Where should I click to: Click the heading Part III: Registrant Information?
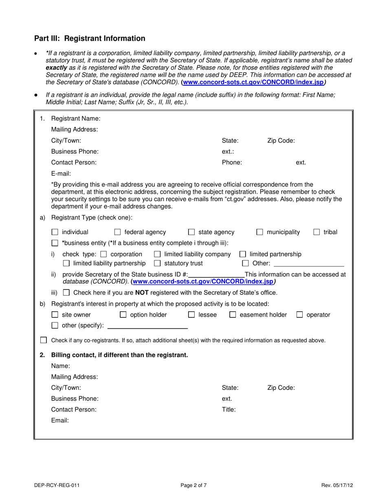(x=90, y=39)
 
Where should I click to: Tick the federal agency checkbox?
(x=117, y=232)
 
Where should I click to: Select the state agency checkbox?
(x=191, y=232)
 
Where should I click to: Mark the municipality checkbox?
(x=260, y=232)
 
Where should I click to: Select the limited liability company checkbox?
(x=158, y=254)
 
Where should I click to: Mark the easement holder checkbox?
(x=233, y=315)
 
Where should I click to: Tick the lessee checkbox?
(x=191, y=315)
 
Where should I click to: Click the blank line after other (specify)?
(x=147, y=326)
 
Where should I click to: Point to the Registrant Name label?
(x=75, y=119)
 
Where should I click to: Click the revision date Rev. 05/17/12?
(x=336, y=485)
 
